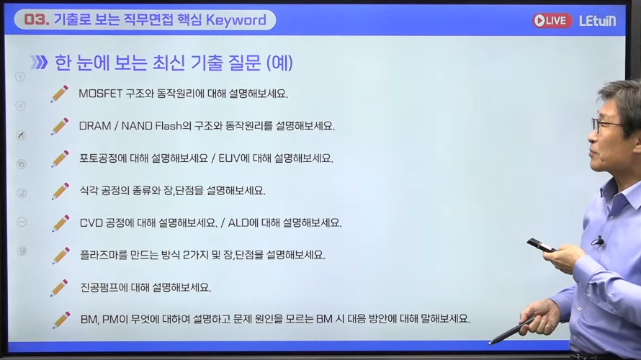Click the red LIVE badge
(552, 20)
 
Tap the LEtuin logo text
(598, 20)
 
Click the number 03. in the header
(37, 19)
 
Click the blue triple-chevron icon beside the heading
(39, 63)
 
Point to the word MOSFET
(101, 94)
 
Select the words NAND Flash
(152, 126)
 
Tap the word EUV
(229, 158)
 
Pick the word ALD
(238, 222)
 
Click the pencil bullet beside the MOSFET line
(60, 94)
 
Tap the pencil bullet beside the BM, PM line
(61, 320)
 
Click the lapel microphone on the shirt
(599, 241)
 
